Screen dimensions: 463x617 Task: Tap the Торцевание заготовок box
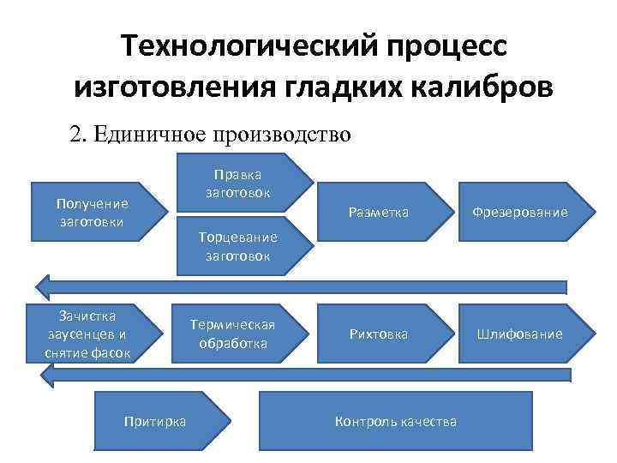239,247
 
